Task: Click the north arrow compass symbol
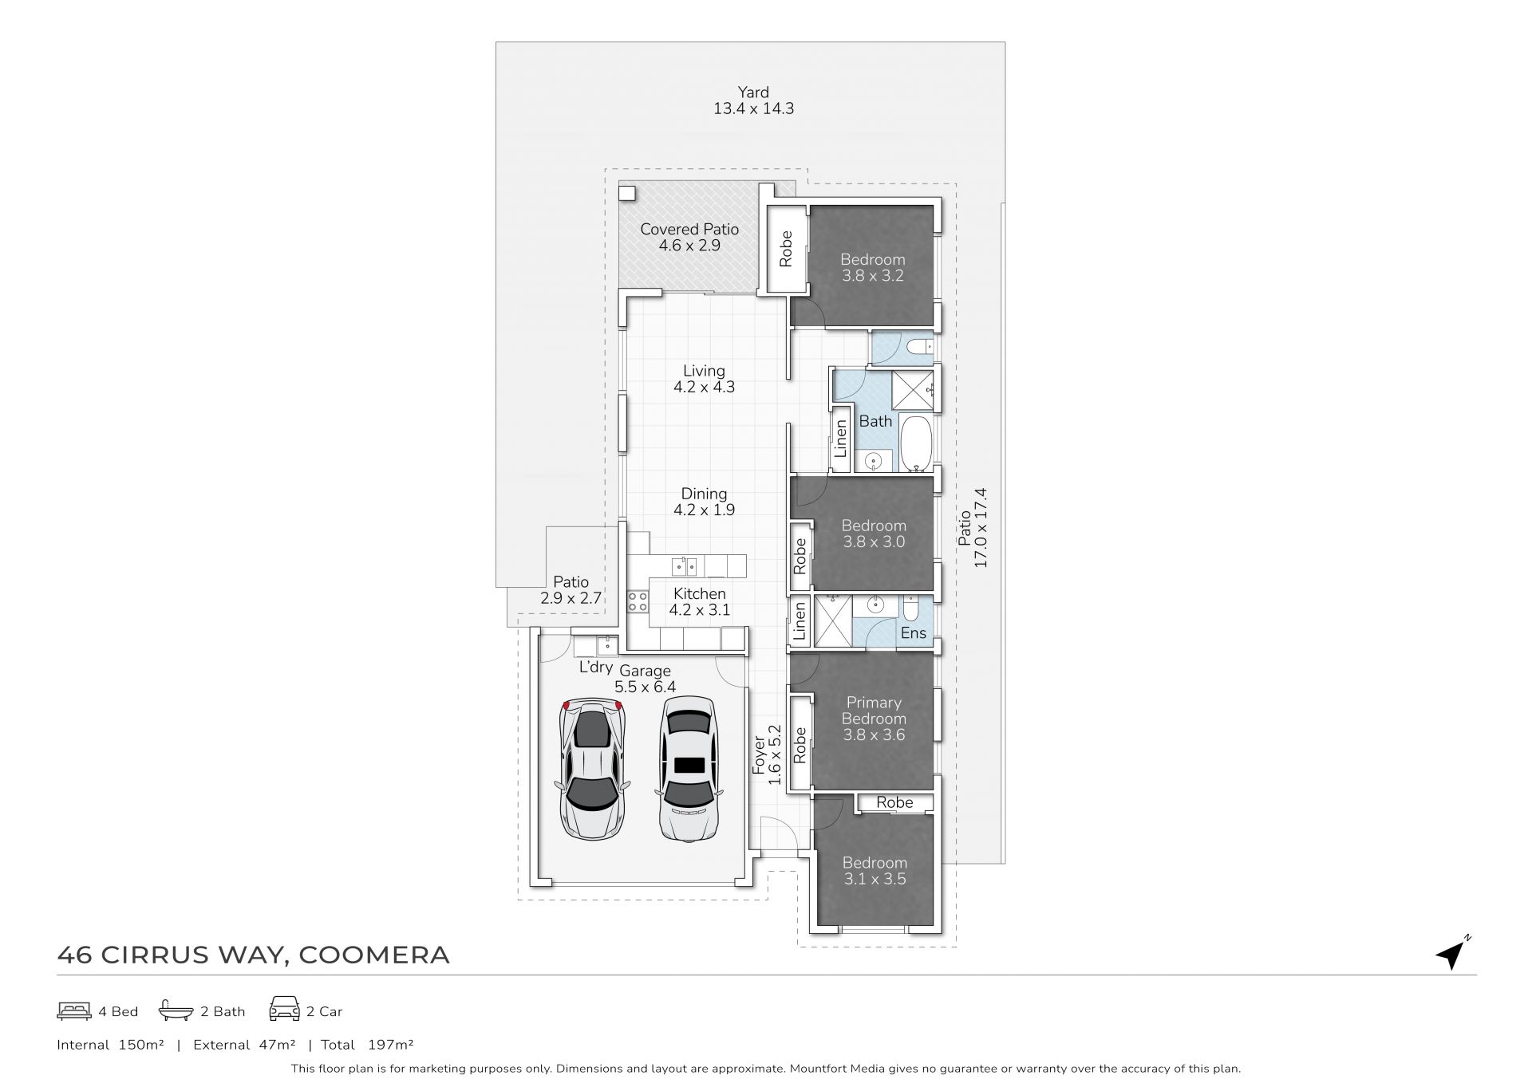tap(1451, 955)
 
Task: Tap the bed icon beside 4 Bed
tap(74, 1011)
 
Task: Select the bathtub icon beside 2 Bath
tap(176, 1010)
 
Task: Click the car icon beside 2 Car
tap(285, 1009)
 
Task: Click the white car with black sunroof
tap(689, 770)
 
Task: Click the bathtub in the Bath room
tap(916, 443)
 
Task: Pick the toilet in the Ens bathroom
tap(911, 609)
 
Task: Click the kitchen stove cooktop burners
tap(638, 601)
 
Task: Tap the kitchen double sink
tap(684, 566)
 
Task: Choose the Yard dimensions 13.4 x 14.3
tap(753, 108)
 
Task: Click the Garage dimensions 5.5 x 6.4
tap(645, 687)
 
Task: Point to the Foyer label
tap(759, 755)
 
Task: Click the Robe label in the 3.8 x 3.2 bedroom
tap(786, 249)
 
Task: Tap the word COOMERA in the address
tap(374, 955)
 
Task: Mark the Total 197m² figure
tap(367, 1044)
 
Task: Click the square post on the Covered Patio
tap(627, 193)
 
